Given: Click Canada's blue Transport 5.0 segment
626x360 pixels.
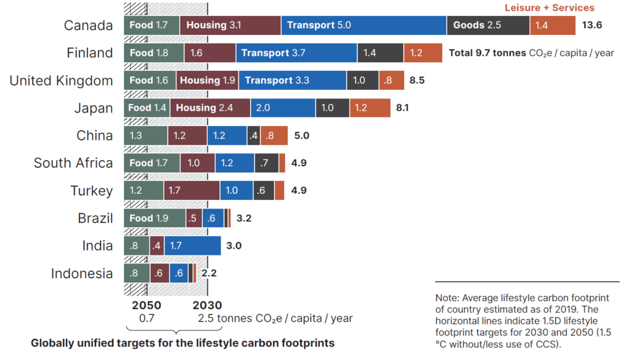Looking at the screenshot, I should tap(364, 26).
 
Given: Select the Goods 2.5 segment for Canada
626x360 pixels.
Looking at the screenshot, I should tap(488, 26).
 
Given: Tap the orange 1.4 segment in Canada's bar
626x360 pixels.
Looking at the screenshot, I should tap(553, 26).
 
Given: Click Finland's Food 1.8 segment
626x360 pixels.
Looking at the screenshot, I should tap(153, 53).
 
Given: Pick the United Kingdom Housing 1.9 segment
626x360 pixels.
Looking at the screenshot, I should tap(207, 81).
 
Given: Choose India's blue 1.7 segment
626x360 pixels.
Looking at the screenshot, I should tap(192, 246).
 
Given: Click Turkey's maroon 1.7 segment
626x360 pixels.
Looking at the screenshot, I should tap(191, 191).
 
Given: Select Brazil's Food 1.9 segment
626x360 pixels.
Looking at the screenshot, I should tap(154, 218).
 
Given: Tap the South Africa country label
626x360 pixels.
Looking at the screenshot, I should tap(73, 163).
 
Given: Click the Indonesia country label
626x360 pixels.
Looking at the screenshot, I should tap(82, 273).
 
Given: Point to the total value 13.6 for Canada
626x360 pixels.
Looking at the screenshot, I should tap(592, 26).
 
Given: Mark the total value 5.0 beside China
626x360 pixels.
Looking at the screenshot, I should tap(302, 136).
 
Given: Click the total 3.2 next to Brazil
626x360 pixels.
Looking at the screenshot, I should tap(245, 218).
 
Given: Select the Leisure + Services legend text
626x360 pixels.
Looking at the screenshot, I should tap(549, 8).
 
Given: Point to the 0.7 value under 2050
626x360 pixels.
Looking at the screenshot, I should tap(147, 318).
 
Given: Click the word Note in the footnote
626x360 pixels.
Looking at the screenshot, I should tap(447, 298).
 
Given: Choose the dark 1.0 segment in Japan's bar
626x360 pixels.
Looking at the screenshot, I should tap(333, 108).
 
